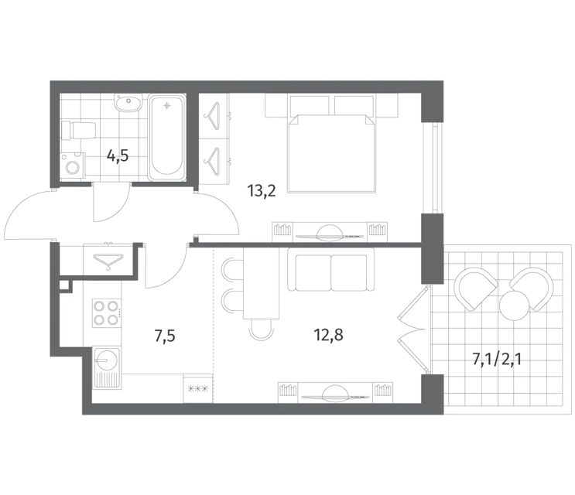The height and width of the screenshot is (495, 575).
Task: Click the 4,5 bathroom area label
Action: [x=118, y=156]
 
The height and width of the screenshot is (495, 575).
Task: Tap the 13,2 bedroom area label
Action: [x=262, y=191]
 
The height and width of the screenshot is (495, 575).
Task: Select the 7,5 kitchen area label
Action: [x=165, y=336]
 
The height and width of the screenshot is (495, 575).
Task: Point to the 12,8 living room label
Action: [x=329, y=335]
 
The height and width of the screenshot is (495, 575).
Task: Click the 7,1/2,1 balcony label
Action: [x=497, y=360]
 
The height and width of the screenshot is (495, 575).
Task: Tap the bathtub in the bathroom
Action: [x=167, y=138]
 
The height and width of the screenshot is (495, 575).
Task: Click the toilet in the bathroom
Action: [x=79, y=131]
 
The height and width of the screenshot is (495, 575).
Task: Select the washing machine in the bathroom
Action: [x=73, y=166]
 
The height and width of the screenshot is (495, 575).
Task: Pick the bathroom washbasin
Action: [x=128, y=102]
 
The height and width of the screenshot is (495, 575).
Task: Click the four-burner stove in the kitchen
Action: [x=106, y=313]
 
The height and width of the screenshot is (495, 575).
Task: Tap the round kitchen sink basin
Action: [x=106, y=359]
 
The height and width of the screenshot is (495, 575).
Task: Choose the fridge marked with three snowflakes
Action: [x=198, y=388]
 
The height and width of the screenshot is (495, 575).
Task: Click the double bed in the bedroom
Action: [x=332, y=153]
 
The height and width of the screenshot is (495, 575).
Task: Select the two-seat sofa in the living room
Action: [x=331, y=270]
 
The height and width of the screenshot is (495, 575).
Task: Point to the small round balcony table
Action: [x=515, y=306]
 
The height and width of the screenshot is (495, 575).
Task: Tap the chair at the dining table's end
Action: [x=261, y=328]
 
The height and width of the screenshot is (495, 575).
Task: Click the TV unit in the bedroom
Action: [x=330, y=232]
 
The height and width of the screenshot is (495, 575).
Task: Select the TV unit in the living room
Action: [x=336, y=393]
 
